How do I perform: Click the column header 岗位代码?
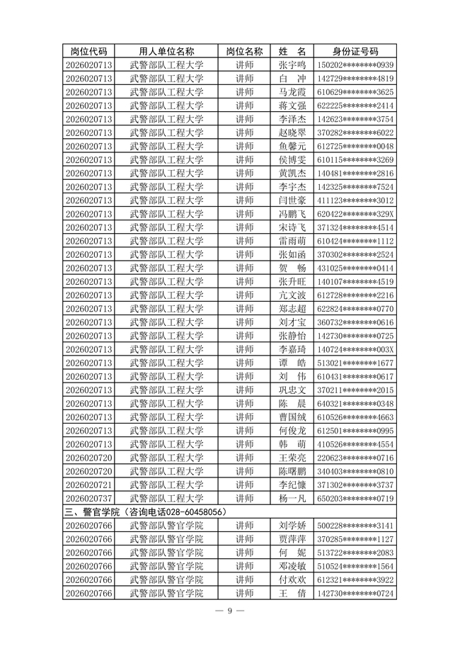pos(88,51)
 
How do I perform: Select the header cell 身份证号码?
pos(355,51)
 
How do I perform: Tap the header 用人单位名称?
pos(166,51)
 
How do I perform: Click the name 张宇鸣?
pos(292,65)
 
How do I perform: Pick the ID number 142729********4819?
pos(355,79)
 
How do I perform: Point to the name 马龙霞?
pos(292,92)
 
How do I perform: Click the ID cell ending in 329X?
pos(355,214)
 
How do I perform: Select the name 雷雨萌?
pos(292,241)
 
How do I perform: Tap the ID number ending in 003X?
pos(355,349)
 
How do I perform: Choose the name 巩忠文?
pos(292,390)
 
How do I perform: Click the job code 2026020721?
pos(88,485)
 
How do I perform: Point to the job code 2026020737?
pos(88,498)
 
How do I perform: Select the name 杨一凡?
pos(292,498)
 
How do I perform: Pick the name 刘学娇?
pos(292,526)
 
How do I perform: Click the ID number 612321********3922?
pos(355,579)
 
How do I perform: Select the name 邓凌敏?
pos(292,566)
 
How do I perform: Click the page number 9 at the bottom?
pos(229,611)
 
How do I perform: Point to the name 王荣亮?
pos(292,458)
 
